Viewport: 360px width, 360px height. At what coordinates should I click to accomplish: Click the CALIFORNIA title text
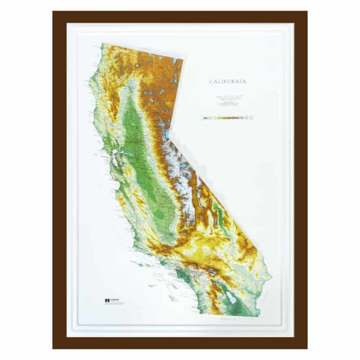point(227,82)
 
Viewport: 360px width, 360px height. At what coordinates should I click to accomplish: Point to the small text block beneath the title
point(227,102)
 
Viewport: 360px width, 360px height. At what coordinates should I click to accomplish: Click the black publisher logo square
point(107,300)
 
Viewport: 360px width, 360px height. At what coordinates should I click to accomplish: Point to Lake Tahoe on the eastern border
point(167,134)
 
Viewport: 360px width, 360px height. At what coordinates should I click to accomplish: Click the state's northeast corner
point(183,58)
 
